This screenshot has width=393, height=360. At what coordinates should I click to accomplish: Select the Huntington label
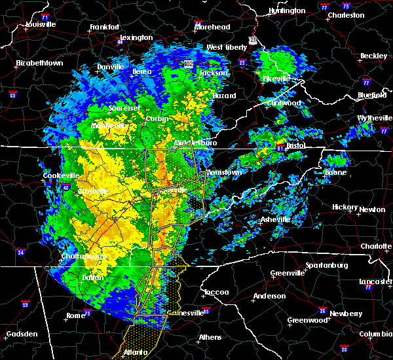click(x=287, y=10)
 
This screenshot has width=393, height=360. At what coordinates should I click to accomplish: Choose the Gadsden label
click(x=22, y=334)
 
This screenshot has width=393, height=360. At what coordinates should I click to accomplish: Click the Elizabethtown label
click(x=39, y=63)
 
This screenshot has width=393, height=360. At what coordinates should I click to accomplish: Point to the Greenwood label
click(x=307, y=320)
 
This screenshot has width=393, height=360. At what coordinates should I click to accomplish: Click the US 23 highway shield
click(x=252, y=41)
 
